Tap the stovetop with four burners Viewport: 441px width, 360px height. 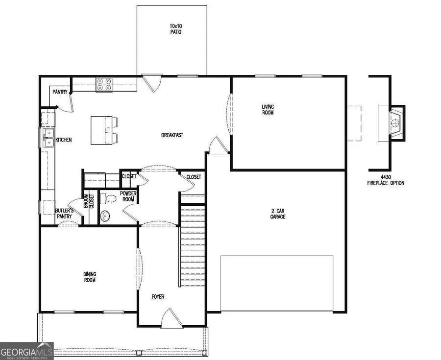(x=104, y=85)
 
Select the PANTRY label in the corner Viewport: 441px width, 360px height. (x=60, y=92)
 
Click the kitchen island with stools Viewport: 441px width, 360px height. (x=104, y=130)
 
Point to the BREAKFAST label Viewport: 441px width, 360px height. (x=172, y=135)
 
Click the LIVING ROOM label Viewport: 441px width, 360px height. (x=268, y=110)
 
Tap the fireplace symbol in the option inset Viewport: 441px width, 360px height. (x=394, y=123)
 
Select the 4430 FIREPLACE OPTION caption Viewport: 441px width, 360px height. (x=386, y=180)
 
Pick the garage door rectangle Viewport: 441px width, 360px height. (x=277, y=283)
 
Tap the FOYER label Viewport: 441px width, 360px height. (x=158, y=297)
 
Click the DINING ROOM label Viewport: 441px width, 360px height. (x=89, y=277)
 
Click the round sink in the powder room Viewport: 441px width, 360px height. (x=105, y=216)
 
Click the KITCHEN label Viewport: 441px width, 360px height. (x=63, y=140)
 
